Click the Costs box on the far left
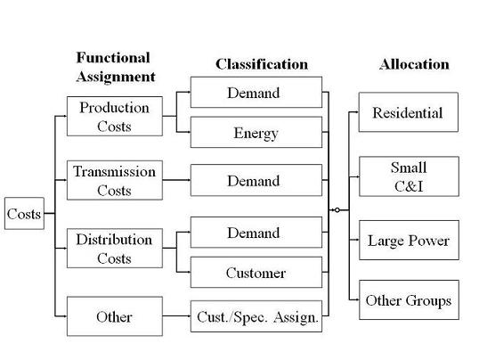tap(24, 213)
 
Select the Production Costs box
tap(115, 116)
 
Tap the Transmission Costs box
tap(115, 180)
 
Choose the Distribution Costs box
tap(115, 248)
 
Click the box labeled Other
tap(115, 316)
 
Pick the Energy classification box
tap(256, 132)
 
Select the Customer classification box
tap(256, 272)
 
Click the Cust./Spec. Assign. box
tap(256, 316)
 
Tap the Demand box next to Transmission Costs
tap(256, 180)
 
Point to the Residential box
tap(409, 112)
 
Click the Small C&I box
tap(409, 176)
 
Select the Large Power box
tap(409, 240)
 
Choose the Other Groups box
tap(409, 300)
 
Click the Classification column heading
tap(262, 64)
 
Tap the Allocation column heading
tap(414, 64)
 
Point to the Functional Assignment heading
tap(116, 67)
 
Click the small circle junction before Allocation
tap(337, 209)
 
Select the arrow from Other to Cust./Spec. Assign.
tap(176, 315)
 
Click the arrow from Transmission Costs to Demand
tap(176, 180)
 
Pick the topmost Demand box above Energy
tap(256, 92)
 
